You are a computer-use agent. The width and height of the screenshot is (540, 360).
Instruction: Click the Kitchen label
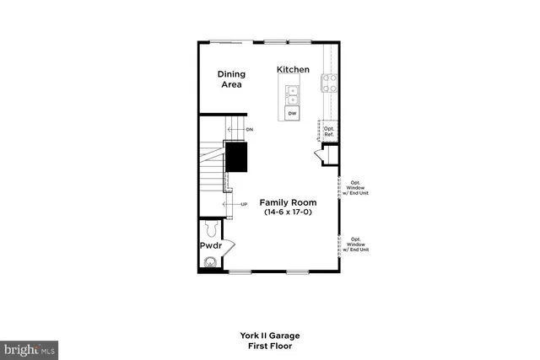(x=294, y=69)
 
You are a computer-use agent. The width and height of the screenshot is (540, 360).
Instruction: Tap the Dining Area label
(x=230, y=79)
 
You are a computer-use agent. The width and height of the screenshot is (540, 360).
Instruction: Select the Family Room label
(x=288, y=202)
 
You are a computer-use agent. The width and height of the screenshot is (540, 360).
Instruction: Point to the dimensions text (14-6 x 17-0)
(x=288, y=214)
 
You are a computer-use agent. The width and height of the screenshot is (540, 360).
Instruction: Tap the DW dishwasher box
(x=292, y=113)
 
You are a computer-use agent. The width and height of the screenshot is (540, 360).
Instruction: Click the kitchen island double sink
(x=292, y=92)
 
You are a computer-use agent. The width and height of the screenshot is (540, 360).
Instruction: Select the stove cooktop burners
(x=328, y=82)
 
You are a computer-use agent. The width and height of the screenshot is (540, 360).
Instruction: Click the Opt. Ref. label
(x=329, y=132)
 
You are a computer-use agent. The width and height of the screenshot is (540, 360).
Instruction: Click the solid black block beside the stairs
(x=235, y=156)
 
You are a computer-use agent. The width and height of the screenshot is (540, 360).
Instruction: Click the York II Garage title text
(x=270, y=336)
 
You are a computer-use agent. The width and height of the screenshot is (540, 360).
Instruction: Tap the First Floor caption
(x=270, y=346)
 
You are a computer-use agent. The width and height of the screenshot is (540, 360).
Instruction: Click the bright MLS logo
(x=30, y=347)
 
